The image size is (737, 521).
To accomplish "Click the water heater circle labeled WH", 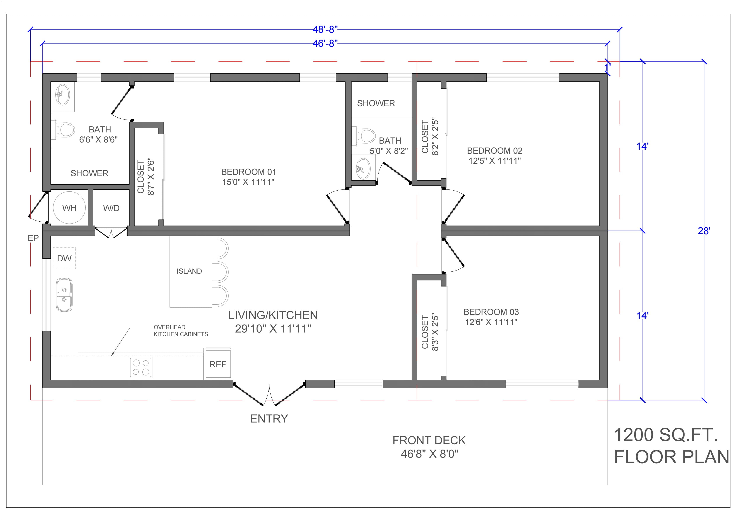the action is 69,208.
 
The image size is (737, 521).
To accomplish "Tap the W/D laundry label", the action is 111,208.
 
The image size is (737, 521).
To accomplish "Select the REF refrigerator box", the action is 218,364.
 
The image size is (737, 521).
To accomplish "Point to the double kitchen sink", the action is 65,295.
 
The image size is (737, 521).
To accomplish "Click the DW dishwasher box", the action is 64,258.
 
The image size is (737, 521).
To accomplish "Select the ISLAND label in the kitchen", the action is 189,271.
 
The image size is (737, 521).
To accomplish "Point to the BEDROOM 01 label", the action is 248,172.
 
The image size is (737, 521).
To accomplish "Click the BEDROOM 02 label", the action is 495,151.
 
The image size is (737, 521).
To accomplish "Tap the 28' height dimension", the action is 704,231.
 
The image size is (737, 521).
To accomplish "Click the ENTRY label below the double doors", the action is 269,419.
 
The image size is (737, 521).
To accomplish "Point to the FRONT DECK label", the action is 429,441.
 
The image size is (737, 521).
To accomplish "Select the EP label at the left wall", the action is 33,238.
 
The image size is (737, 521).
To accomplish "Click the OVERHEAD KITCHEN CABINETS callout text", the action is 181,330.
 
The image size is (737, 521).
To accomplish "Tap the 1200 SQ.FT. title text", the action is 665,435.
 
